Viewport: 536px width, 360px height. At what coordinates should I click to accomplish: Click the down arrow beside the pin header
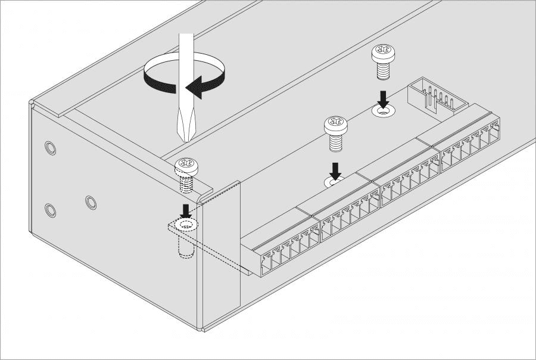383,98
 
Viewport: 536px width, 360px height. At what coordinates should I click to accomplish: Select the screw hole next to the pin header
383,110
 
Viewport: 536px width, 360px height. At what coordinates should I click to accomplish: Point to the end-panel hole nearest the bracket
90,201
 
